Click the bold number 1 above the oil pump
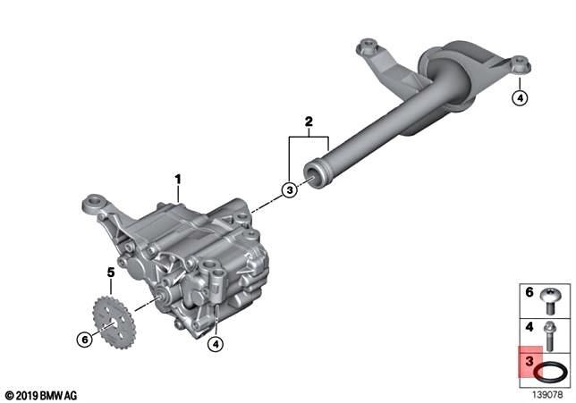pos(178,180)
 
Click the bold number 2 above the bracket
pos(309,122)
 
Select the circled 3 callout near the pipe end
pos(290,189)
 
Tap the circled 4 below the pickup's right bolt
pos(520,98)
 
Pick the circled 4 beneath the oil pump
pos(216,343)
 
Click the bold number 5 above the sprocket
pos(111,273)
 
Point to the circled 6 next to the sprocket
pos(85,340)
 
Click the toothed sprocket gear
pos(114,323)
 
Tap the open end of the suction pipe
pos(313,175)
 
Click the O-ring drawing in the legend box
pos(550,372)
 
